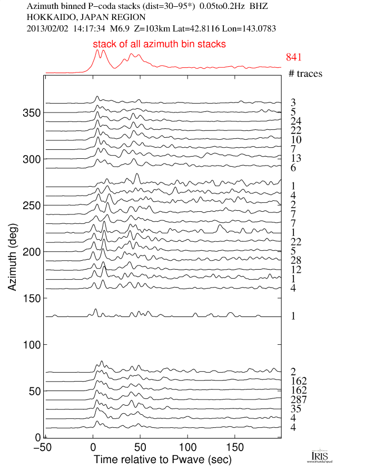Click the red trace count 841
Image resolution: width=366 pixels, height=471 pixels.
coord(295,57)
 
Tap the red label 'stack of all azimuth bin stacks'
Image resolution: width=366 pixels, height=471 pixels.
coord(160,44)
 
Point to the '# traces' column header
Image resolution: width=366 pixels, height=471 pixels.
coord(305,74)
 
